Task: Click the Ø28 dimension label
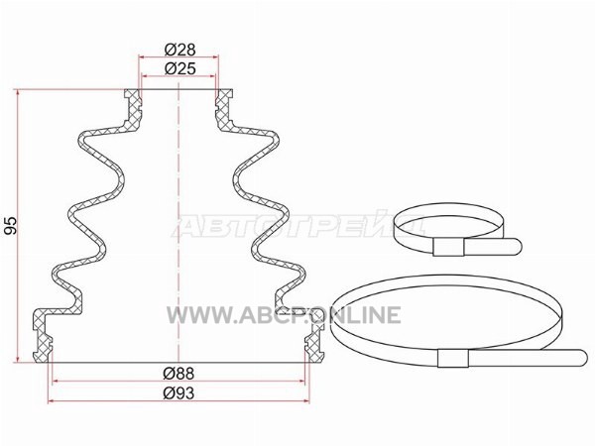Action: [179, 50]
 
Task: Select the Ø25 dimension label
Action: [179, 69]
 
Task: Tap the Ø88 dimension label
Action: [178, 374]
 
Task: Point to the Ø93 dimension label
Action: [178, 393]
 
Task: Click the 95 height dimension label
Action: [11, 226]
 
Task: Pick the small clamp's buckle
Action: [448, 248]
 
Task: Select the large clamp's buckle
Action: [453, 358]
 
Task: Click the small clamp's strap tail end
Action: [518, 246]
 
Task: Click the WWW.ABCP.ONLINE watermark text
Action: [284, 315]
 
